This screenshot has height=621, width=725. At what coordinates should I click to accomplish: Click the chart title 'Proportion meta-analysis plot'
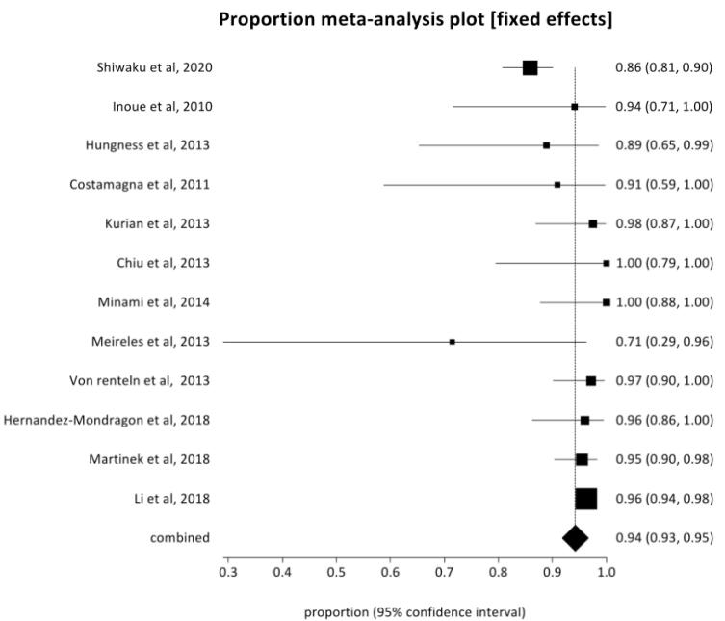coord(351,20)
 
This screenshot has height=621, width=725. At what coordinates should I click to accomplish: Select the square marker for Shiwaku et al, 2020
coord(530,68)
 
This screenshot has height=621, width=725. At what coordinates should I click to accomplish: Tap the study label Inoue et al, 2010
coord(163,107)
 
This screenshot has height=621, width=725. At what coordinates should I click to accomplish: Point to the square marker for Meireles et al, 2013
coord(453,342)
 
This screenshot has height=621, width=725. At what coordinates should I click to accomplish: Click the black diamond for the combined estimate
coord(575,538)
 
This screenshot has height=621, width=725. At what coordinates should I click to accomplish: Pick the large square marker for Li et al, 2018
coord(585,499)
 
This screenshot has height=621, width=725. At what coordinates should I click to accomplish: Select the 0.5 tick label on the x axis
coord(336,573)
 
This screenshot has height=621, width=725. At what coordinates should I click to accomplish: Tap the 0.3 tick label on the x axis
coord(228,573)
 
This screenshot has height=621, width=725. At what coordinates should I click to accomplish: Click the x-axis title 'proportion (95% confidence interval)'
coord(415,612)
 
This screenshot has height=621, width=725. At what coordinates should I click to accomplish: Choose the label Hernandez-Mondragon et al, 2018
coord(107,420)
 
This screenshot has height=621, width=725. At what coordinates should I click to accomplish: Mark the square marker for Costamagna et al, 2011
coord(557,185)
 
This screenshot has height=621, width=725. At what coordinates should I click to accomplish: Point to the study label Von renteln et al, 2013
coord(140,380)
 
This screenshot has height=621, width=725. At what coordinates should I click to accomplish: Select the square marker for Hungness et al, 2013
coord(546,145)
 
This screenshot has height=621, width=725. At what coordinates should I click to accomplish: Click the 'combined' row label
coord(180,538)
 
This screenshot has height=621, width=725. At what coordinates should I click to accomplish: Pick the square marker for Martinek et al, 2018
coord(582,459)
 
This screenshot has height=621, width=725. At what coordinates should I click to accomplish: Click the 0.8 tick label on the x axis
coord(499,573)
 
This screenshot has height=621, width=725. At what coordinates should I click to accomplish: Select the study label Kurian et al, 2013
coord(157,223)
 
